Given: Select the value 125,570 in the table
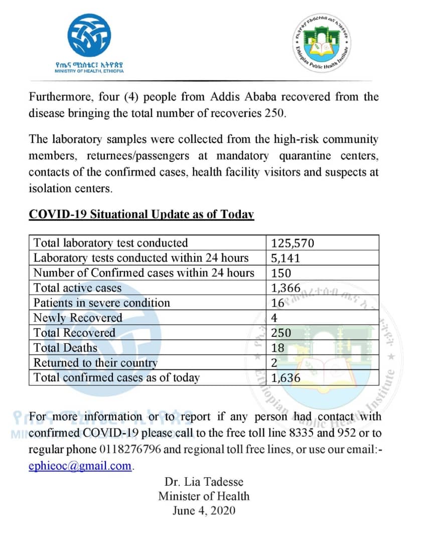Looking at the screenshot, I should [293, 243].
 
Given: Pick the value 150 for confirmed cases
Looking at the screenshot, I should [281, 273].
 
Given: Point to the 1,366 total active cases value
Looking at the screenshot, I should [286, 288].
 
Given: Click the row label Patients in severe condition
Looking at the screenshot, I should [102, 303].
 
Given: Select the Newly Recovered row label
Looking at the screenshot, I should [78, 318].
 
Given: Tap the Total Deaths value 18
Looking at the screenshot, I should [277, 348].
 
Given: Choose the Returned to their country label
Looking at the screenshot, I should [95, 362].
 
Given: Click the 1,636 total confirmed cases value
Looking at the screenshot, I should [286, 378].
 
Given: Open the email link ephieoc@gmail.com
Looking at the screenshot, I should [80, 466].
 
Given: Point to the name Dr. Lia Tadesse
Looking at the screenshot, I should [204, 482].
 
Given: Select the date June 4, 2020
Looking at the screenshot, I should [204, 511].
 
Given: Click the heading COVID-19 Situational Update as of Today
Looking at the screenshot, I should [142, 214].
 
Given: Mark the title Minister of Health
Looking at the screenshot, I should [204, 496].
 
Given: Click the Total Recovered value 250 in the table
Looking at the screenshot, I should [281, 333].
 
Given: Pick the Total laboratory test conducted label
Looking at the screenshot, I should [110, 243].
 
